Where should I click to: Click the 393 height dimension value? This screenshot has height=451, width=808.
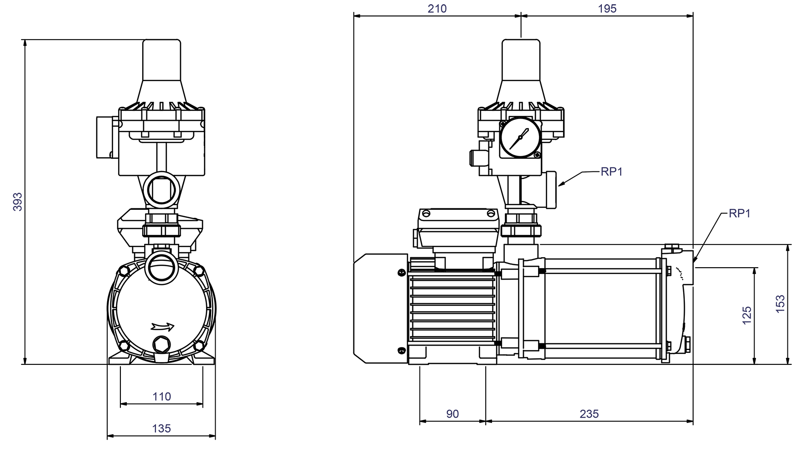pos(17,201)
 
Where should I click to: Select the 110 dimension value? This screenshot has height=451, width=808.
pos(161,396)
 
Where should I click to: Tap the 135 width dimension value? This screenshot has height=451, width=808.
pos(161,428)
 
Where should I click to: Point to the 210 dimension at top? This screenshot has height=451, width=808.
pos(437,8)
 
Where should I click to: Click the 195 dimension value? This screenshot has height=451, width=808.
pos(607,8)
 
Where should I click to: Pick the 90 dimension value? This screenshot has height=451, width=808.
pos(452,414)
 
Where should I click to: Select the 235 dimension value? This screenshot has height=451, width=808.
pos(589,414)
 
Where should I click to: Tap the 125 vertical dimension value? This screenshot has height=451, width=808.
pos(747,316)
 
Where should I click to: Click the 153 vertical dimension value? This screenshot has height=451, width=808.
pos(780,304)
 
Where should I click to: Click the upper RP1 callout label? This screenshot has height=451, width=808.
pos(611,171)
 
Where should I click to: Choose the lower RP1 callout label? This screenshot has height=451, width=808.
pos(739,213)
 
